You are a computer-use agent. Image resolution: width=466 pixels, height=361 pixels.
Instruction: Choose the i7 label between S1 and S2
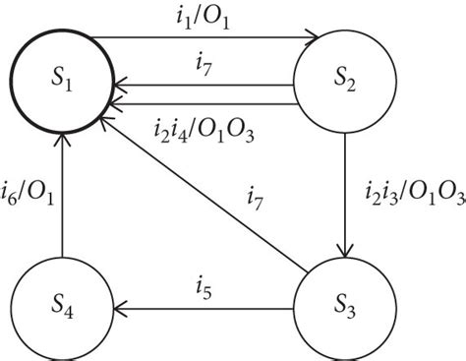click(x=202, y=66)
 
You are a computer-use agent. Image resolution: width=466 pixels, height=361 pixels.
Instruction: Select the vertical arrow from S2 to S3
click(x=346, y=197)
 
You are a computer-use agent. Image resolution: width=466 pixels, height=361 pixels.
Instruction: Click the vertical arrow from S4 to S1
click(x=61, y=197)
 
